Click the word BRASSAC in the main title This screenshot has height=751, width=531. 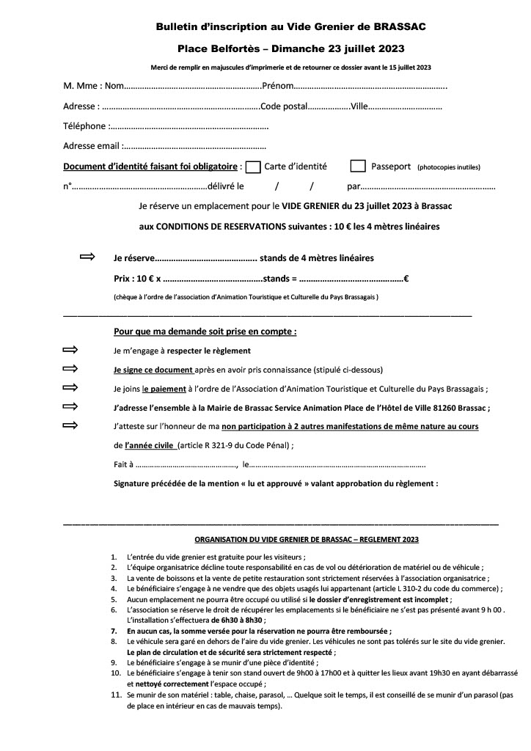[x=399, y=26]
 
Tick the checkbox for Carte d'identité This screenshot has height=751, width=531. [x=253, y=166]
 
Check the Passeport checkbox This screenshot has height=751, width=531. [x=358, y=166]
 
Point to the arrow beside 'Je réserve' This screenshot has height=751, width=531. [x=87, y=257]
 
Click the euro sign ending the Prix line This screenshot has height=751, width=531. [x=406, y=279]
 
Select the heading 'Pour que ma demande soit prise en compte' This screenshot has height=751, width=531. [x=205, y=331]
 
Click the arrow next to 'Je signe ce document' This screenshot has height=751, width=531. [x=70, y=369]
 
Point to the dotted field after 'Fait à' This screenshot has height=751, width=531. [x=186, y=464]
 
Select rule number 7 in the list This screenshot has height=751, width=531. [x=114, y=630]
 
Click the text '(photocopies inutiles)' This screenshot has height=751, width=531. [x=449, y=168]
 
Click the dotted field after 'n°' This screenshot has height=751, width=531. [x=139, y=186]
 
